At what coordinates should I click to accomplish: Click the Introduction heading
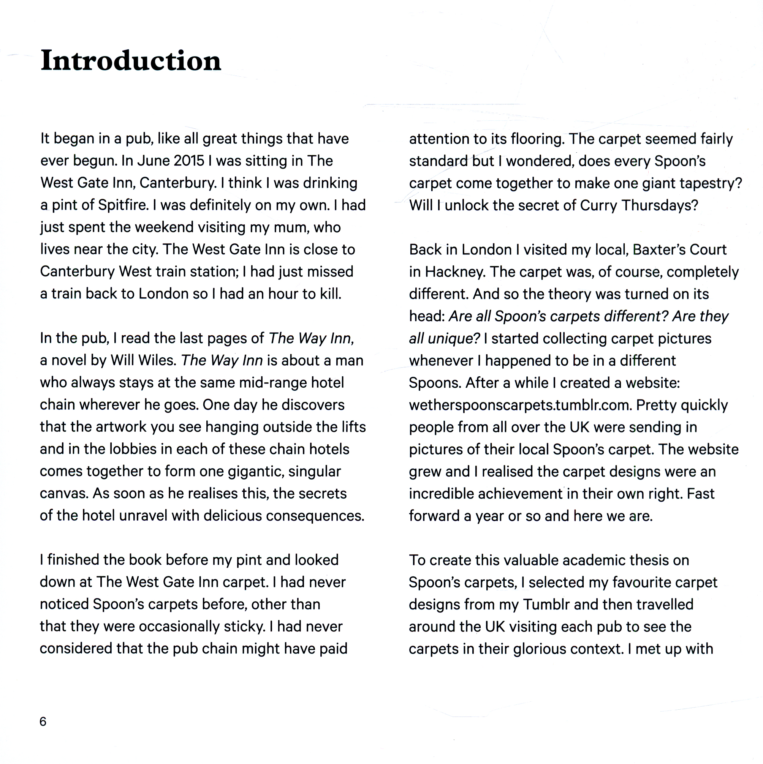(x=131, y=61)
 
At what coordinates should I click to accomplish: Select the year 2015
(x=189, y=161)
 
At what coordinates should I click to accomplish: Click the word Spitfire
(x=122, y=205)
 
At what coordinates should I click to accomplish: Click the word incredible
(x=446, y=494)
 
